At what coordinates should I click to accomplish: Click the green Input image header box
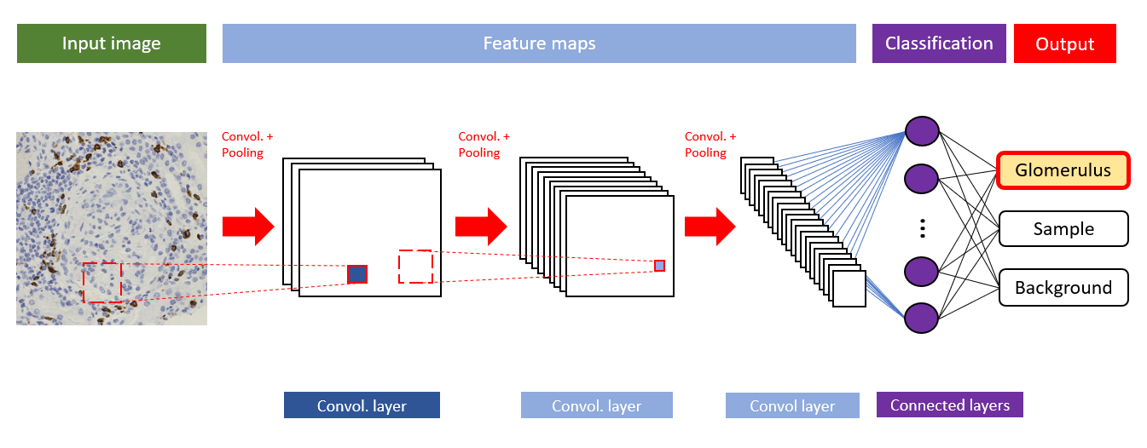coord(111,43)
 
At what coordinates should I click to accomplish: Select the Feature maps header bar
coord(539,43)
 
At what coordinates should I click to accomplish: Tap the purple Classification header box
coord(939,43)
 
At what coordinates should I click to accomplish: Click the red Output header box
coord(1064,43)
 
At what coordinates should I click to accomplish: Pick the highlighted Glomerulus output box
coord(1063,170)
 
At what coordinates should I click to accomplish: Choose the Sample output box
coord(1063,228)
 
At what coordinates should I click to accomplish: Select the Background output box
coord(1063,288)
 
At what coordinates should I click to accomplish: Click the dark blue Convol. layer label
coord(362,405)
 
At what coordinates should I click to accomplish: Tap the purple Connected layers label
coord(949,405)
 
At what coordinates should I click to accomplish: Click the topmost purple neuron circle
coord(922,132)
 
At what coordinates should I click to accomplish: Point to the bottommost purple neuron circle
coord(922,317)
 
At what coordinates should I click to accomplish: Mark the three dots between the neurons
coord(922,227)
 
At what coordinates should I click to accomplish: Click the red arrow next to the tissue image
coord(247,227)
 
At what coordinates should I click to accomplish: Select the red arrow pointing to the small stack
coord(709,227)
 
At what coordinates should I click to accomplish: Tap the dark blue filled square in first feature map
coord(357,274)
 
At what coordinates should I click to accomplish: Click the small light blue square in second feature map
coord(659,266)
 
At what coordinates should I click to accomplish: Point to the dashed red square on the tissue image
coord(102,282)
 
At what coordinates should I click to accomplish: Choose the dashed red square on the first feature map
coord(415,267)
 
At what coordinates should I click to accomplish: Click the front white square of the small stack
coord(849,289)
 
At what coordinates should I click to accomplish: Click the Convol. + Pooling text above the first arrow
coord(247,144)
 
